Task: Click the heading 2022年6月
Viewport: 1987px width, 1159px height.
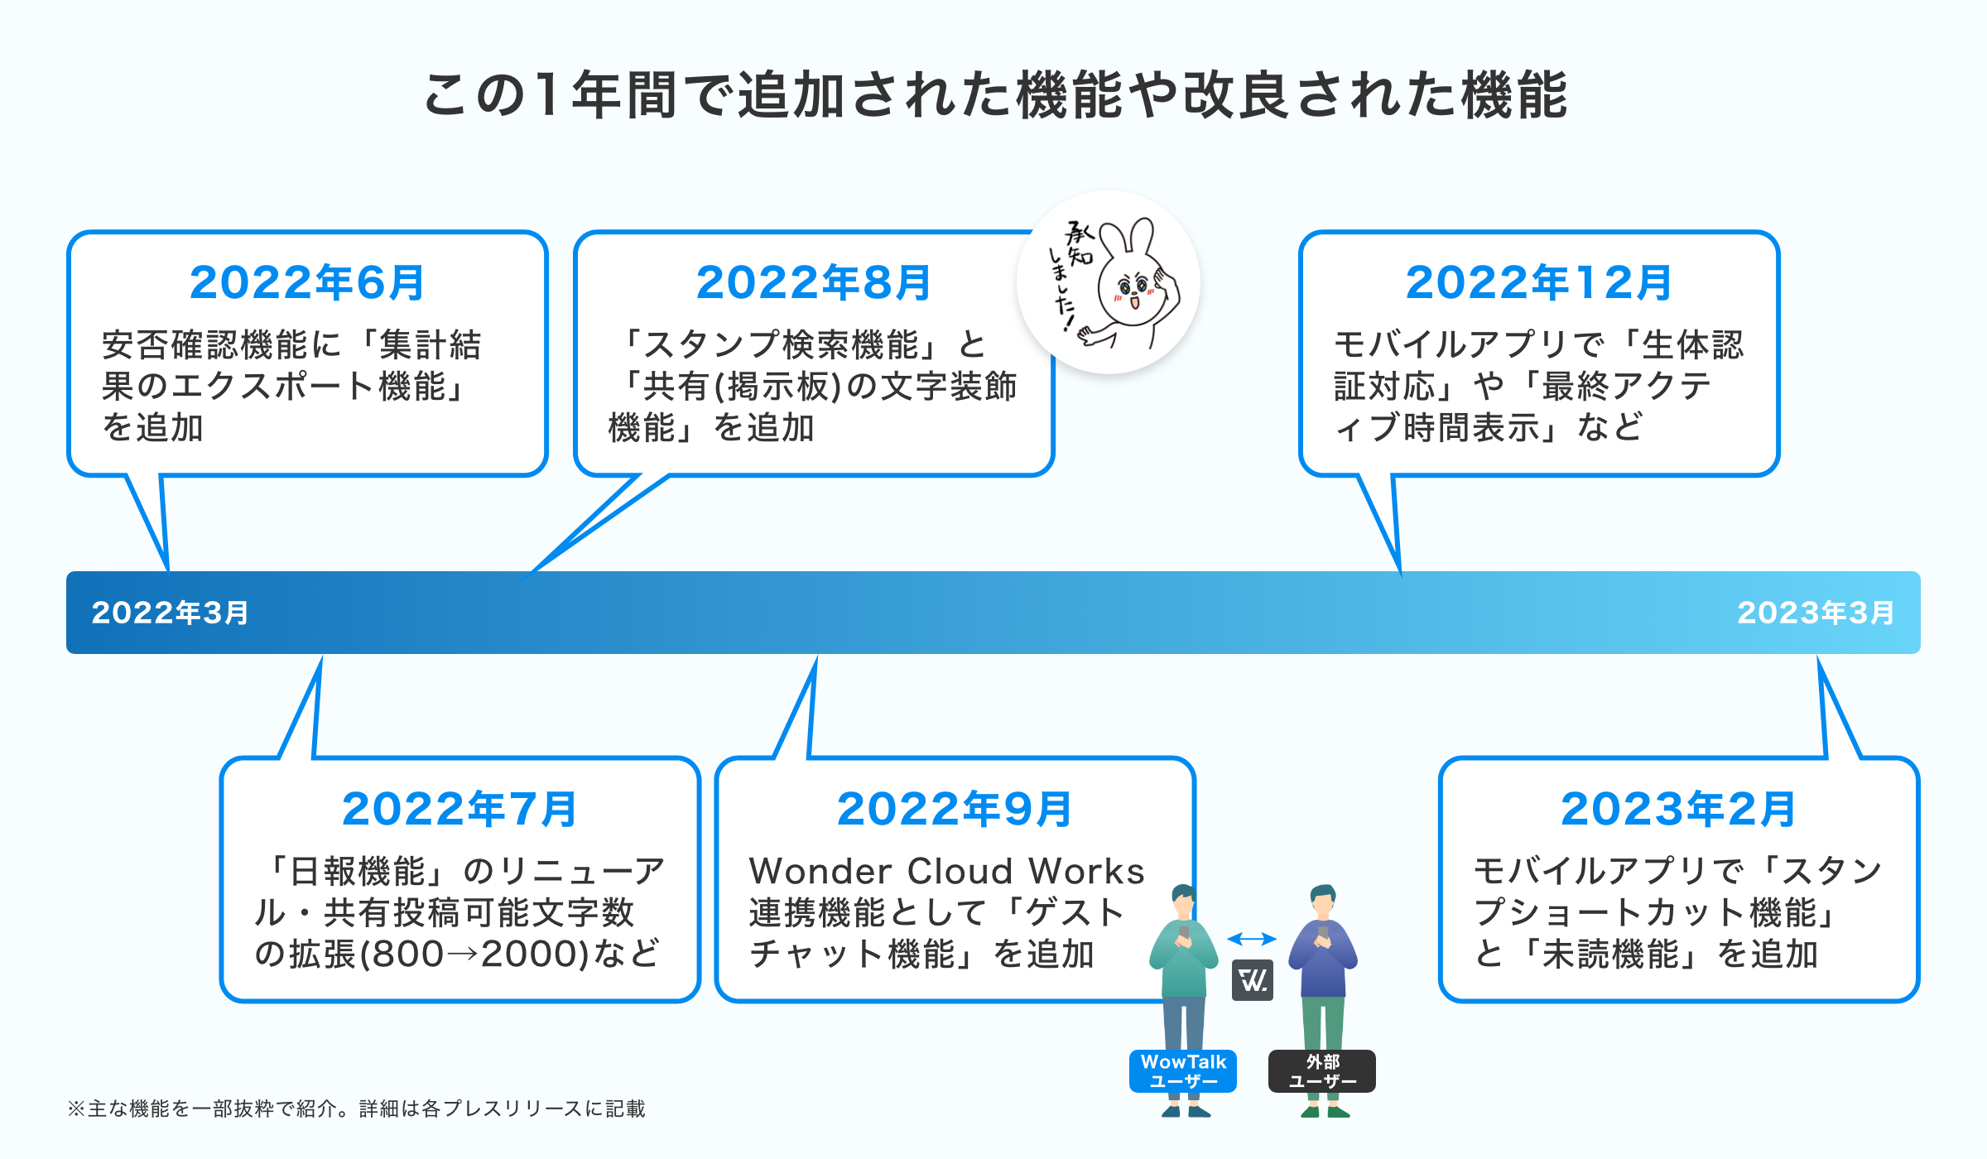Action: pos(307,283)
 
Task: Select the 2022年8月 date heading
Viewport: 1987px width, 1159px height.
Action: pos(814,283)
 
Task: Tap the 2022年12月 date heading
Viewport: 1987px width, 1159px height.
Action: pos(1539,283)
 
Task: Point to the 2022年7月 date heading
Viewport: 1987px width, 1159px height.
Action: pos(459,810)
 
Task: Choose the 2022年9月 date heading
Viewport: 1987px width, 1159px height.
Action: pos(955,810)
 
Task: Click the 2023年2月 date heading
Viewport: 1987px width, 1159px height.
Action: pos(1678,810)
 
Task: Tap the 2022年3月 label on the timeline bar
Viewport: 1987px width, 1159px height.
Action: pos(170,613)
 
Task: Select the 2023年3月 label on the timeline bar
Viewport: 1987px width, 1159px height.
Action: pos(1816,613)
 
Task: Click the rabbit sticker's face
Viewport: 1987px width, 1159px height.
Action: pos(1132,290)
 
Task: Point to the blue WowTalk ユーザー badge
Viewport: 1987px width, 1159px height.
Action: pos(1183,1071)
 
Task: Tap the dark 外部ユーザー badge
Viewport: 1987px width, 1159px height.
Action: pos(1322,1071)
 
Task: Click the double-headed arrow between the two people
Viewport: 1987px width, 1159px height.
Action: pos(1252,939)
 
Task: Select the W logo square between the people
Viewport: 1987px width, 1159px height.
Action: pos(1253,981)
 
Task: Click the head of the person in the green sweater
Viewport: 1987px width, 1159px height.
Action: pos(1183,901)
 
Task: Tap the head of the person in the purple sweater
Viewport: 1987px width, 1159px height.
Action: pos(1323,901)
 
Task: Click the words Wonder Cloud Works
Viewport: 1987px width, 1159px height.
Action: pos(946,871)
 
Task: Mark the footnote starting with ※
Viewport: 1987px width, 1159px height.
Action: pos(356,1109)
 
